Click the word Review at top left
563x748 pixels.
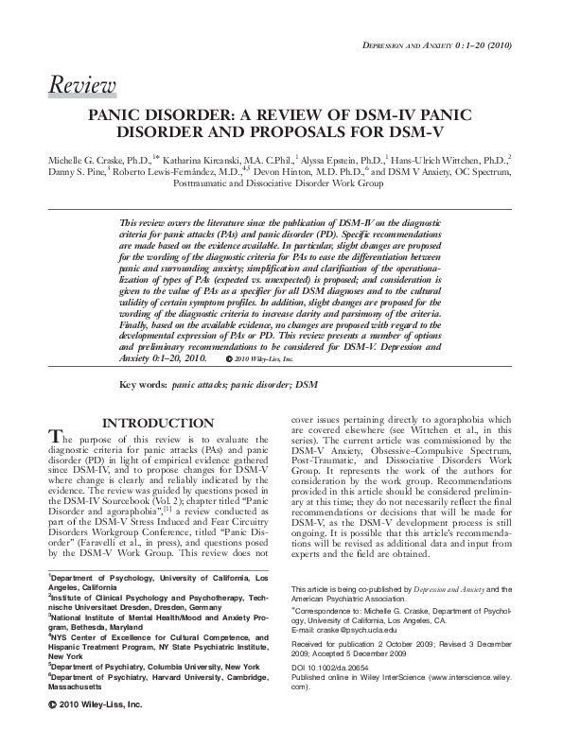click(x=81, y=88)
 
